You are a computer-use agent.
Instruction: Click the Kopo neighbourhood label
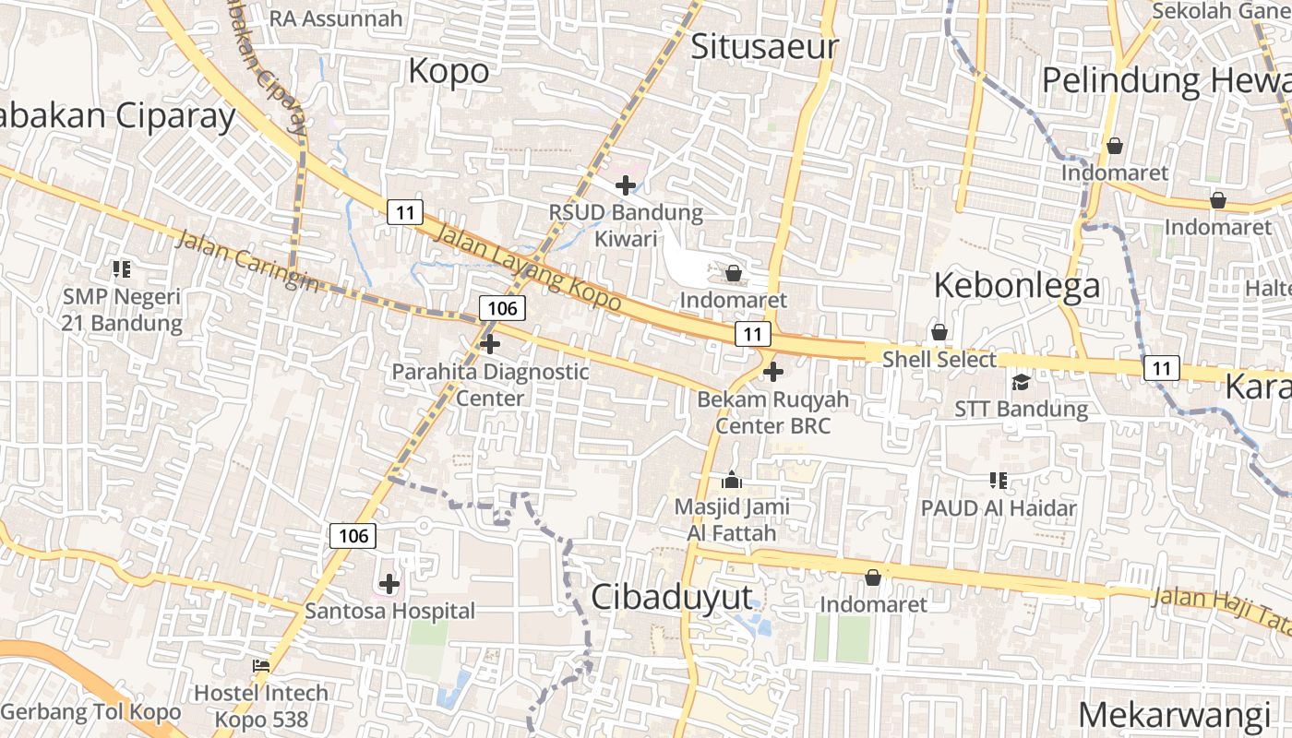pyautogui.click(x=449, y=71)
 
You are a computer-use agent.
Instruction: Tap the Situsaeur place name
pyautogui.click(x=764, y=46)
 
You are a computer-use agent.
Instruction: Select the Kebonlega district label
pyautogui.click(x=1017, y=285)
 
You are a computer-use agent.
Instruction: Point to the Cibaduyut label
pyautogui.click(x=672, y=597)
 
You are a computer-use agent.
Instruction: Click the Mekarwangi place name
pyautogui.click(x=1174, y=715)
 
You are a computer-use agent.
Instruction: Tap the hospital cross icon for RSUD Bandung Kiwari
pyautogui.click(x=626, y=185)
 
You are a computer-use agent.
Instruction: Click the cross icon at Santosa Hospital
pyautogui.click(x=389, y=584)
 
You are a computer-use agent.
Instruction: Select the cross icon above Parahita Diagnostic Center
pyautogui.click(x=490, y=344)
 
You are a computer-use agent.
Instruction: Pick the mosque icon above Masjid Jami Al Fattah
pyautogui.click(x=732, y=480)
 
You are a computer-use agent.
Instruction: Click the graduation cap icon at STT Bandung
pyautogui.click(x=1021, y=382)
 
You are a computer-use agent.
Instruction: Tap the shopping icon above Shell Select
pyautogui.click(x=939, y=332)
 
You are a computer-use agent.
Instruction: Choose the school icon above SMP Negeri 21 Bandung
pyautogui.click(x=122, y=269)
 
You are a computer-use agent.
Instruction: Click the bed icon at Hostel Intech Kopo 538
pyautogui.click(x=261, y=665)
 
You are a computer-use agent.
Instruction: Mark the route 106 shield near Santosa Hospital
pyautogui.click(x=353, y=535)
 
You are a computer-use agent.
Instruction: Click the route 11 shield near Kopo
pyautogui.click(x=404, y=212)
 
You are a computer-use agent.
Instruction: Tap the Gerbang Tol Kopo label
pyautogui.click(x=90, y=712)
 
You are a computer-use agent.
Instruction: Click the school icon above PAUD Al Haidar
pyautogui.click(x=998, y=480)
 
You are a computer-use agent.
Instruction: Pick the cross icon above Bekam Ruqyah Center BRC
pyautogui.click(x=773, y=372)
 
